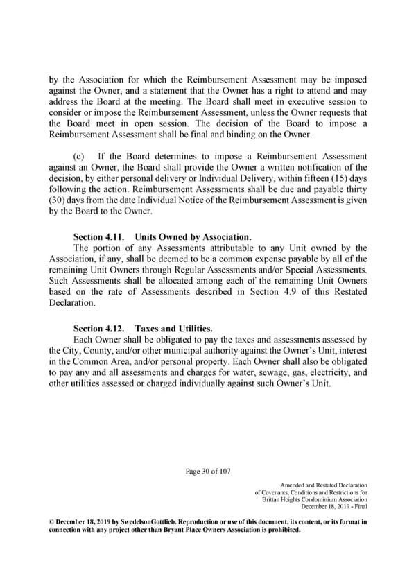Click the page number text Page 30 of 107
click(208, 472)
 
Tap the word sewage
click(267, 372)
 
